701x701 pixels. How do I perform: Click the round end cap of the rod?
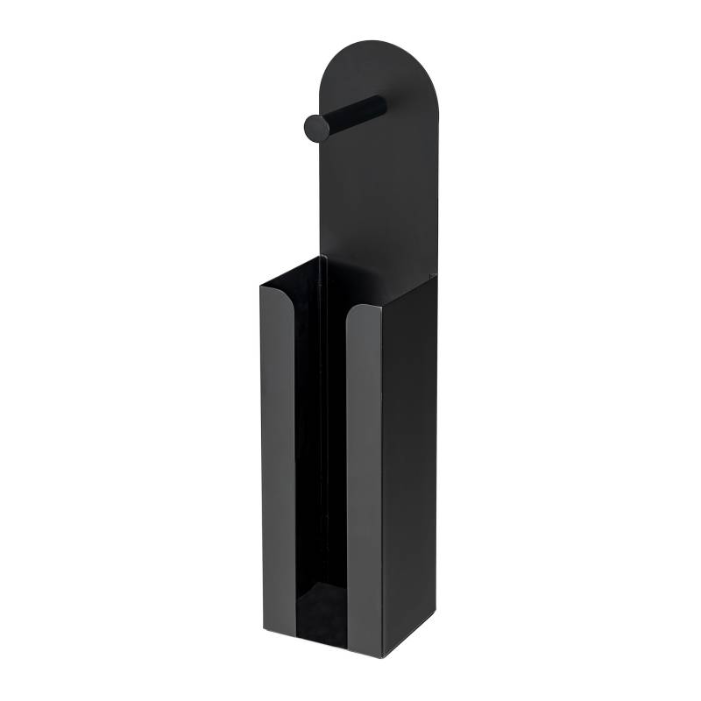pyautogui.click(x=316, y=128)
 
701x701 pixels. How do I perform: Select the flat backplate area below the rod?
pyautogui.click(x=377, y=202)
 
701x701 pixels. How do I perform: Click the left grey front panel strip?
pyautogui.click(x=279, y=456)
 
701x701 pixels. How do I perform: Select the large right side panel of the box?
pyautogui.click(x=409, y=464)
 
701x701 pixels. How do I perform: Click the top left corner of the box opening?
pyautogui.click(x=261, y=285)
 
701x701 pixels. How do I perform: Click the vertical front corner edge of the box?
pyautogui.click(x=382, y=482)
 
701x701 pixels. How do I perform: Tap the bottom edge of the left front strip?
pyautogui.click(x=279, y=632)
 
